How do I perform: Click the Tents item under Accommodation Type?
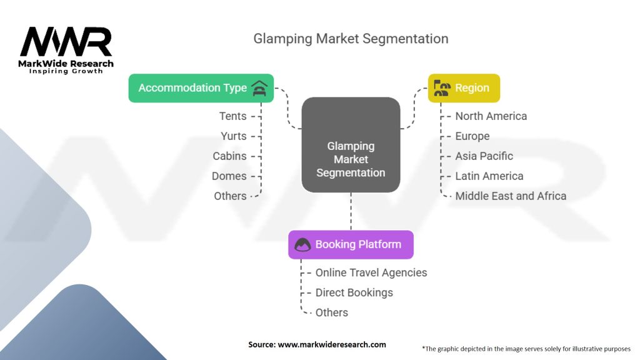tap(232, 116)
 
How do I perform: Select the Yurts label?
tap(234, 136)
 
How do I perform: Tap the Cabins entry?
tap(229, 156)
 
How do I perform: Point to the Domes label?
tap(229, 176)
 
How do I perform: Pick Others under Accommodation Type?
tap(230, 196)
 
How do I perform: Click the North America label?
tap(491, 116)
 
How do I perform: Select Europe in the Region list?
tap(472, 136)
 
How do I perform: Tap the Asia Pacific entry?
tap(484, 156)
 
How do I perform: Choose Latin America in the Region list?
tap(489, 176)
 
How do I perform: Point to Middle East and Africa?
tap(511, 196)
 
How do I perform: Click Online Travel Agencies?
tap(371, 272)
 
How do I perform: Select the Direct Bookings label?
tap(354, 292)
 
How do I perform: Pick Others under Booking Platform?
tap(331, 312)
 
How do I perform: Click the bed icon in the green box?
tap(259, 88)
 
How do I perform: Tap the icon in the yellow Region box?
tap(442, 88)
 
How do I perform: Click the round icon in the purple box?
tap(302, 244)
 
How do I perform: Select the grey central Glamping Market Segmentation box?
tap(351, 145)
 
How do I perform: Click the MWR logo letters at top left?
tap(66, 42)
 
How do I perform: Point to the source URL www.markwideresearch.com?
tap(332, 344)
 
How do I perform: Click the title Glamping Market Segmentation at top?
tap(351, 39)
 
